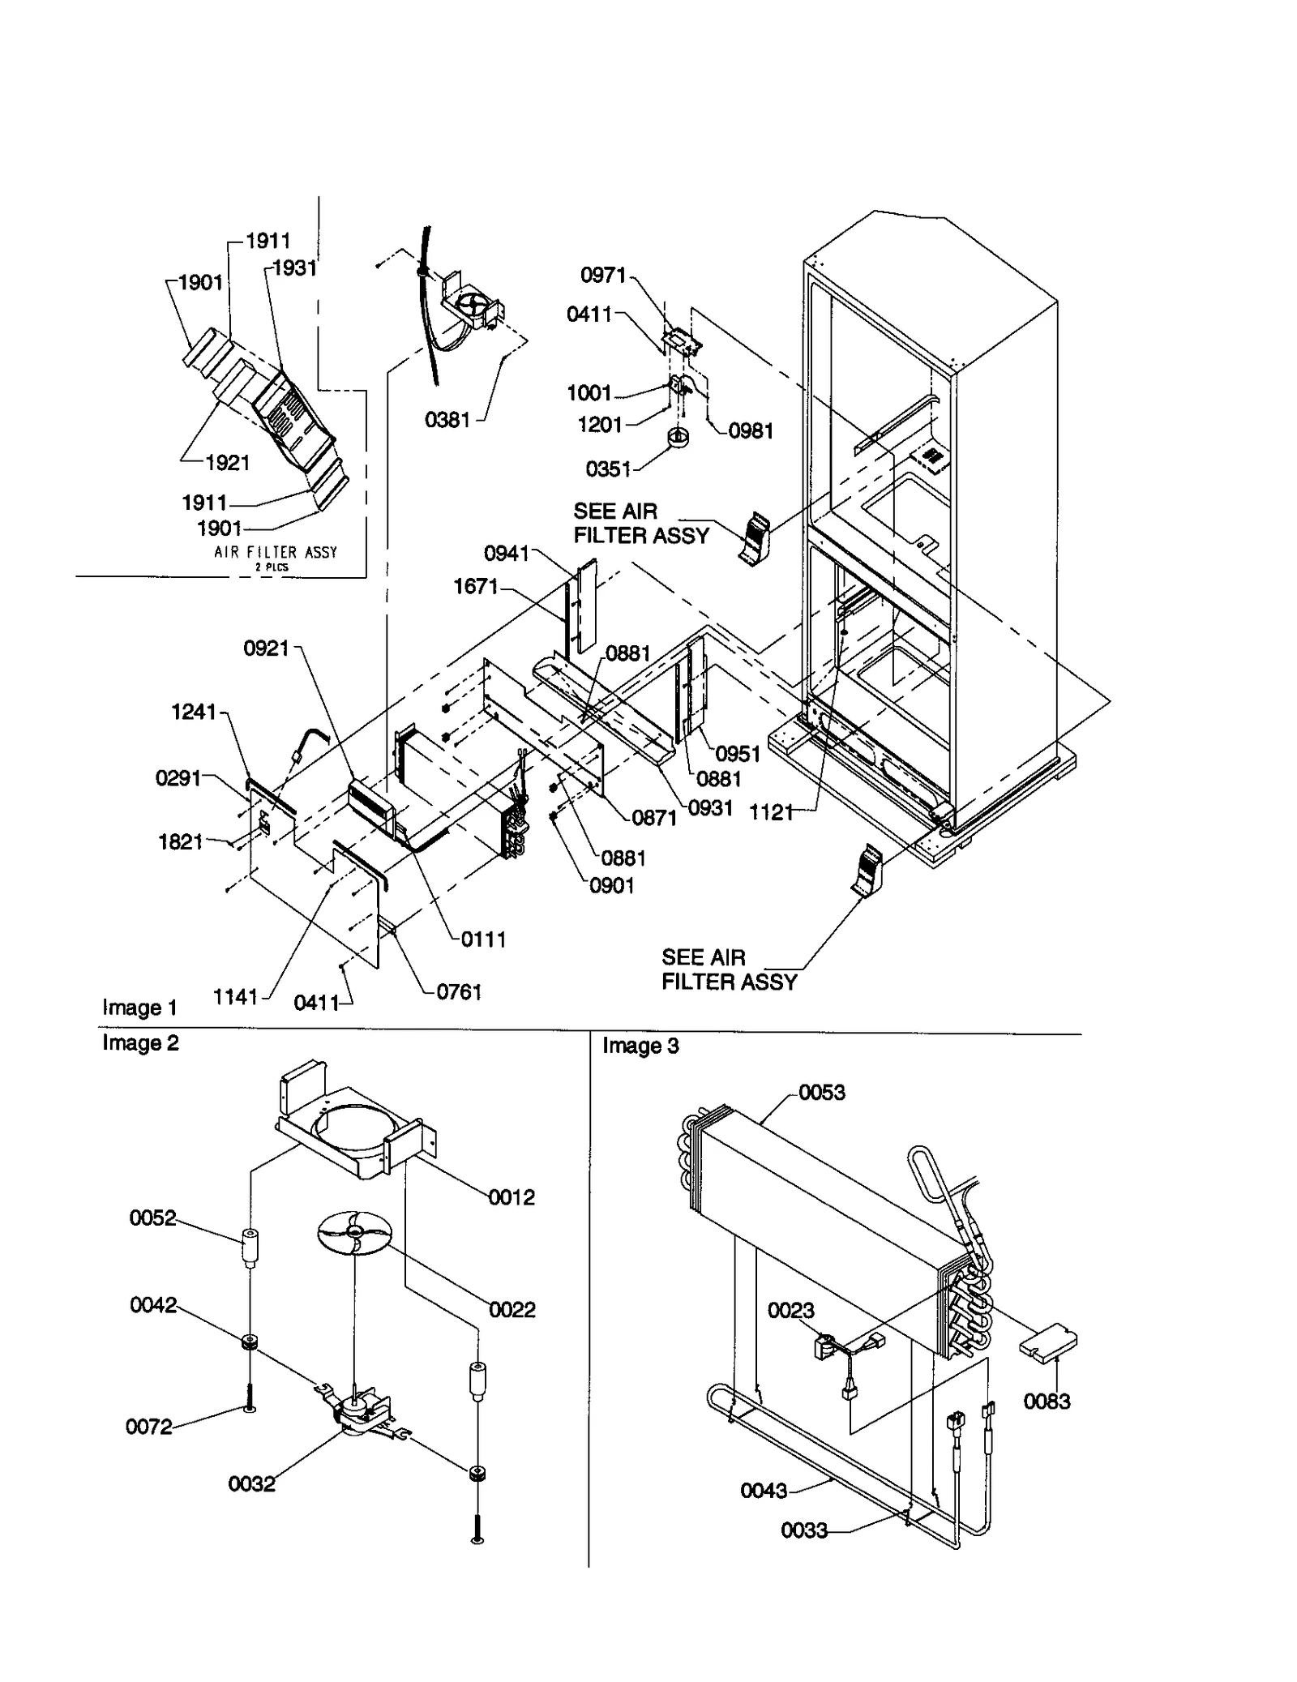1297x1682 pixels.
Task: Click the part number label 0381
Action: coord(447,419)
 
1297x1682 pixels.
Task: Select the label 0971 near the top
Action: coord(603,275)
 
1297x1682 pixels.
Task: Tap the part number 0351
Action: coord(608,469)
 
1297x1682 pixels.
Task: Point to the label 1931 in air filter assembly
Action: coord(293,267)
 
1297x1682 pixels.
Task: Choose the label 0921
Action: coord(266,648)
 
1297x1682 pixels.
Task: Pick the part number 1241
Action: coord(194,712)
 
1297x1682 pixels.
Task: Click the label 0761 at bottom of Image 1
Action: coord(459,991)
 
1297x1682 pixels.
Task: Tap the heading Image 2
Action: coord(140,1042)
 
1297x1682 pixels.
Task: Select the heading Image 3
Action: coord(640,1046)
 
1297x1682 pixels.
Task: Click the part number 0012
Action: coord(512,1197)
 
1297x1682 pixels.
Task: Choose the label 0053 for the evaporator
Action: coord(821,1093)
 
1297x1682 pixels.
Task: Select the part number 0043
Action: coord(763,1490)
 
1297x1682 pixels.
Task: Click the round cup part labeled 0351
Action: coord(678,438)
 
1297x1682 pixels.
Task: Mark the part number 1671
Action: coord(475,585)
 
